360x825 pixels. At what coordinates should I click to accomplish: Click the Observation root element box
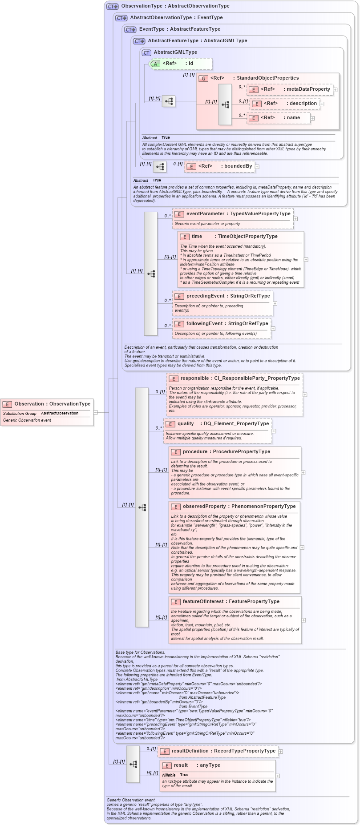pyautogui.click(x=47, y=404)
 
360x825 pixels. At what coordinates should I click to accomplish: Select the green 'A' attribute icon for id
pyautogui.click(x=155, y=64)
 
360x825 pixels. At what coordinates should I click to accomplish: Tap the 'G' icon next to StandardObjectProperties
pyautogui.click(x=203, y=78)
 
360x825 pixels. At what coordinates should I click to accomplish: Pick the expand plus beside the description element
pyautogui.click(x=322, y=104)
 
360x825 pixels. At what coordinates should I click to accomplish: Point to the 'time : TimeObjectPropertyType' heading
pyautogui.click(x=234, y=237)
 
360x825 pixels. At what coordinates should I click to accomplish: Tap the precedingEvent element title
pyautogui.click(x=228, y=296)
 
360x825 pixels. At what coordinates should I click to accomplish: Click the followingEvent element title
pyautogui.click(x=227, y=324)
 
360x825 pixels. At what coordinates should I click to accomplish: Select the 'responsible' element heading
pyautogui.click(x=240, y=378)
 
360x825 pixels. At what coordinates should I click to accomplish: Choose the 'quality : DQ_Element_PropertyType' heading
pyautogui.click(x=223, y=424)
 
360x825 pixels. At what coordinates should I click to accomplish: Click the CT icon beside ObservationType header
pyautogui.click(x=113, y=6)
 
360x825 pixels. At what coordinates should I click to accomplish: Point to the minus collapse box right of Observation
pyautogui.click(x=96, y=412)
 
